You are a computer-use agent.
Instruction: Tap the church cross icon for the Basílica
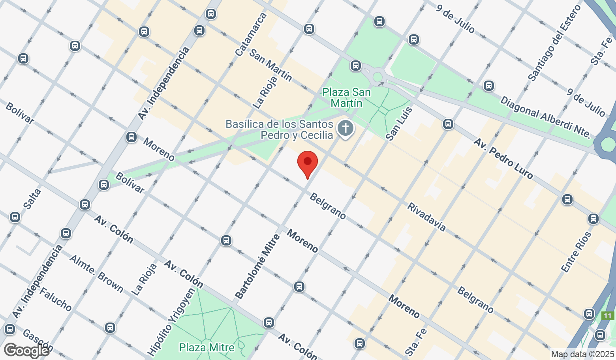tap(346, 129)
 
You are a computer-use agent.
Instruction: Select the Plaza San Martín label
tap(347, 97)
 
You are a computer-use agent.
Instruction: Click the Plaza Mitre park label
tap(207, 348)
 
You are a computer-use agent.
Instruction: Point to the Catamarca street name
tap(251, 34)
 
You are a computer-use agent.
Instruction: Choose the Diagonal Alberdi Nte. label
tap(545, 117)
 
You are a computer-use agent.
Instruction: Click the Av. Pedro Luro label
tap(503, 158)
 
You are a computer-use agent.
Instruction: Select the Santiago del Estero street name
tap(555, 43)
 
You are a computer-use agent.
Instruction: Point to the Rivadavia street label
tap(426, 217)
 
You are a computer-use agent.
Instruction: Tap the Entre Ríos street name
tap(576, 252)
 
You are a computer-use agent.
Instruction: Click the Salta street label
tap(32, 199)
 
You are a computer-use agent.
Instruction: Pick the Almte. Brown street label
tap(96, 274)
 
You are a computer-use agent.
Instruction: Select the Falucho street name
tap(55, 299)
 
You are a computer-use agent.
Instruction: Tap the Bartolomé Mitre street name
tap(257, 266)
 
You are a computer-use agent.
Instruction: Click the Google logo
tap(26, 350)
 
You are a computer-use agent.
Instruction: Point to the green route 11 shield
tap(607, 316)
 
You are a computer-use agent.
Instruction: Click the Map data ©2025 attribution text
tap(582, 354)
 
